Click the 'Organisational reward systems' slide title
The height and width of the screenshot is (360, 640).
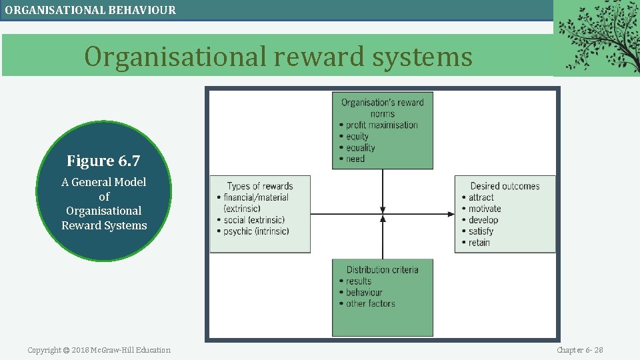coord(278,57)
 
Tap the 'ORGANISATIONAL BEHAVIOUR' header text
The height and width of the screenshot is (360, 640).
coord(91,10)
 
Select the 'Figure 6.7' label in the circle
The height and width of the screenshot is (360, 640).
coord(103,161)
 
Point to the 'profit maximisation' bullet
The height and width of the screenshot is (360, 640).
coord(381,125)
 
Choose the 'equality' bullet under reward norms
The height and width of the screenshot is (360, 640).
coord(360,147)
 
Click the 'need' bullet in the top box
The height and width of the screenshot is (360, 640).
coord(355,159)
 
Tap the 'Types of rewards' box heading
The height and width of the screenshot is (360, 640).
coord(260,186)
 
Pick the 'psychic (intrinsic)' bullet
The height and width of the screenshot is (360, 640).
coord(257,231)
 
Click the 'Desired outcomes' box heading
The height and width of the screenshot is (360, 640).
coord(505,186)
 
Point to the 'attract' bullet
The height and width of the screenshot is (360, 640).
coord(481,197)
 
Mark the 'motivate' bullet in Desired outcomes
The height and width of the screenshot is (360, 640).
coord(485,209)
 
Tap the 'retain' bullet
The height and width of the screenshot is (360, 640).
coord(479,243)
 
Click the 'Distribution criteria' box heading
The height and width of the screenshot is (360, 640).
coord(382,269)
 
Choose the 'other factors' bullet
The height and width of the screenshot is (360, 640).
coord(370,303)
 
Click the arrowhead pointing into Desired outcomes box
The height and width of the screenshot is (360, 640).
coord(451,214)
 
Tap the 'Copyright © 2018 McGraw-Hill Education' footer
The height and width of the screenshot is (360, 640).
coord(99,350)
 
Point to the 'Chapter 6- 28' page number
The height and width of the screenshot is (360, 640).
coord(580,350)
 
